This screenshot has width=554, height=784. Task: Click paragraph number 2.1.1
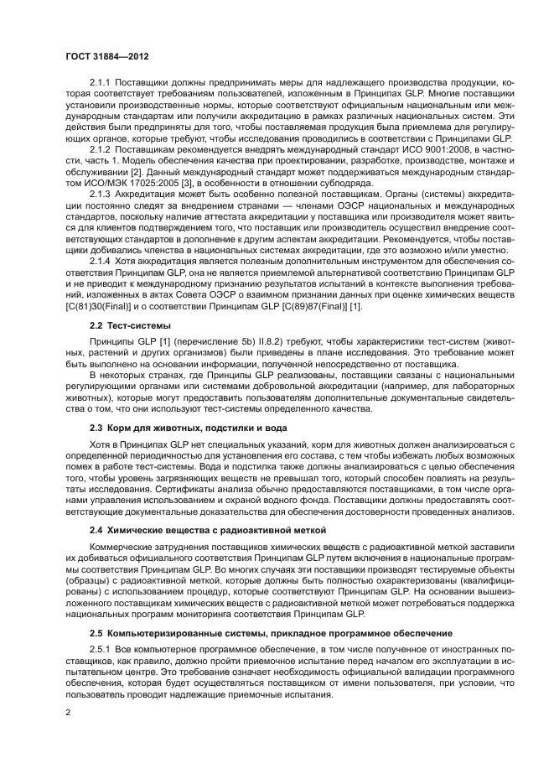coord(102,83)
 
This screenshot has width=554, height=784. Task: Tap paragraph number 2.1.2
coord(102,147)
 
